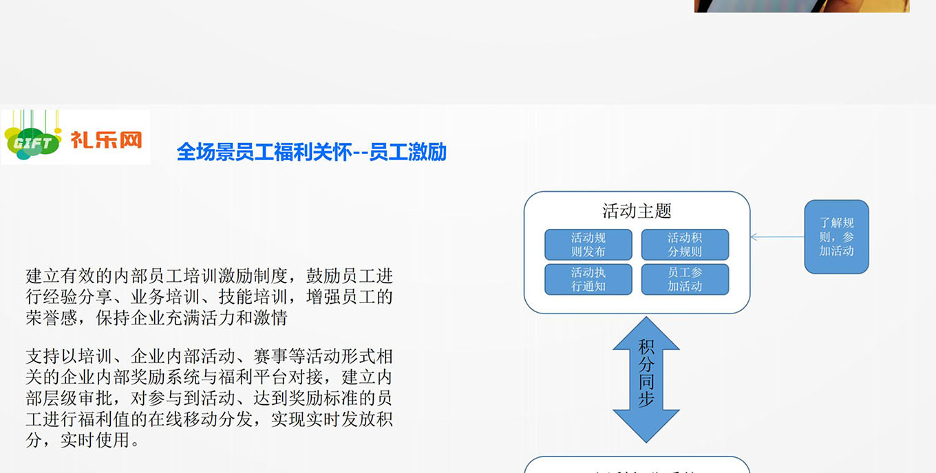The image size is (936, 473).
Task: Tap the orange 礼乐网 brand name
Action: [107, 140]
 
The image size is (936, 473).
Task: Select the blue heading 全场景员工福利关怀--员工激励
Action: [312, 152]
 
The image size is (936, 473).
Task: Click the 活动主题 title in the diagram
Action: [637, 211]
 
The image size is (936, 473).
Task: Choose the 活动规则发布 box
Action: [588, 245]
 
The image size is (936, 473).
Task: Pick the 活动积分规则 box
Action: [685, 245]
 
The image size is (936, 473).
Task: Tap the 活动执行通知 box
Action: [588, 279]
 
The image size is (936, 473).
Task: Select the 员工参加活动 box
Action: [685, 279]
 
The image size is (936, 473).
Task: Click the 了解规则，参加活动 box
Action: [837, 236]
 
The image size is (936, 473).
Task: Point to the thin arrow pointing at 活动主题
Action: [777, 236]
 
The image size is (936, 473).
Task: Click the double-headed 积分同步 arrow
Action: [646, 379]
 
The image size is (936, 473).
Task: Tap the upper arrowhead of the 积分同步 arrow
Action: [646, 333]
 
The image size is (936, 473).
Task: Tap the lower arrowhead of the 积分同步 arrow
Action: [646, 426]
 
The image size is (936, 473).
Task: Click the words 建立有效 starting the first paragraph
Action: [61, 276]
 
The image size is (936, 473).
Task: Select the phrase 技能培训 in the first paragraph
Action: [253, 297]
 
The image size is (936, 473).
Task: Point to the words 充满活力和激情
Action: [227, 318]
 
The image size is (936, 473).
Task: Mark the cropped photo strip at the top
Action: [802, 6]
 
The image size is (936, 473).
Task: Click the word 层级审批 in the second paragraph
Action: [78, 398]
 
